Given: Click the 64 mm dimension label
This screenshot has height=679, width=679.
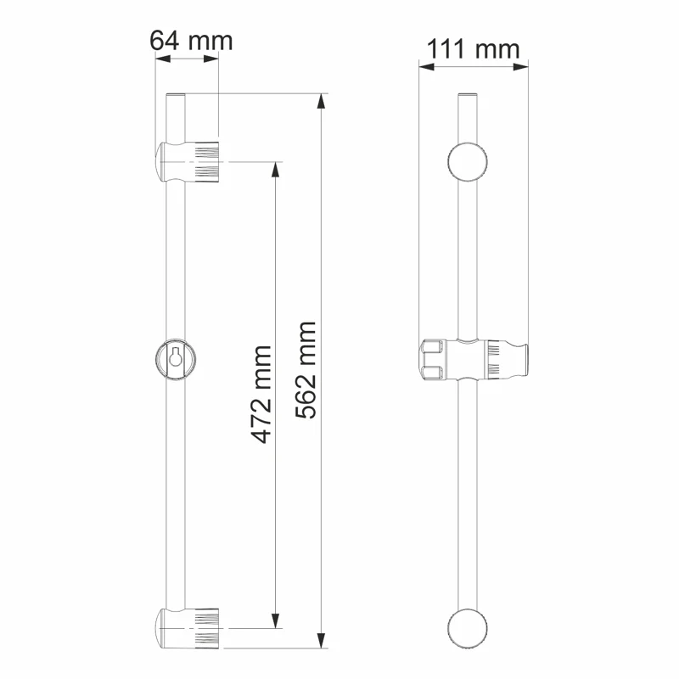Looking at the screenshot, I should pos(190,40).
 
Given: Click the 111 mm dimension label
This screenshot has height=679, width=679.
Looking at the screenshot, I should pos(473,48).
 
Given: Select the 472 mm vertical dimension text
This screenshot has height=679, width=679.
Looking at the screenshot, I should pos(262,393).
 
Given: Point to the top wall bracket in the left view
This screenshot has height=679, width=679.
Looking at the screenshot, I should pos(190,162).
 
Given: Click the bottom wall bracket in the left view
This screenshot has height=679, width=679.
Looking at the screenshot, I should pos(190,628).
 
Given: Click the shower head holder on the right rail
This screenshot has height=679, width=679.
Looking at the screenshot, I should pos(475,359).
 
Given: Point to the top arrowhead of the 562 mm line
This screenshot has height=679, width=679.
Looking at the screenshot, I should pos(320,100).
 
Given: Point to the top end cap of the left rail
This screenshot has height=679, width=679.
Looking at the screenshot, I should pos(174,96).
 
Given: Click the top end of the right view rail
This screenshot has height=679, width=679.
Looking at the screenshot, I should pos(469,96).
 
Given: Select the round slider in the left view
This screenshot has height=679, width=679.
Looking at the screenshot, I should pos(175,357).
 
